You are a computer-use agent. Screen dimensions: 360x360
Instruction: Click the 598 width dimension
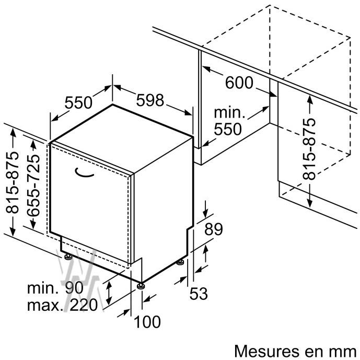click(x=150, y=100)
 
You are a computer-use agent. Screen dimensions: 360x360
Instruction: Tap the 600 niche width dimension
click(x=239, y=83)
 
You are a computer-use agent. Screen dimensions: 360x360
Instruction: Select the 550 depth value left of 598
click(x=78, y=102)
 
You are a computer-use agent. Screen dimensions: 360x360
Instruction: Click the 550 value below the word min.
click(x=228, y=129)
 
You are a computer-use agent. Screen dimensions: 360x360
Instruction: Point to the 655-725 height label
click(x=33, y=185)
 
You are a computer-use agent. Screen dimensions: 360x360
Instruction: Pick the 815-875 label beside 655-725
click(x=12, y=182)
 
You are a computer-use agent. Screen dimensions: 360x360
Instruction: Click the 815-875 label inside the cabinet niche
click(x=309, y=149)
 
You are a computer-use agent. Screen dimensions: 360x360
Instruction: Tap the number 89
click(x=214, y=229)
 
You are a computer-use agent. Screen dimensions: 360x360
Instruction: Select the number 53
click(x=199, y=294)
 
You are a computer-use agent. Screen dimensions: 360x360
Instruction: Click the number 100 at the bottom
click(x=147, y=322)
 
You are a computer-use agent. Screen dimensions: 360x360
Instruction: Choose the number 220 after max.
click(x=84, y=305)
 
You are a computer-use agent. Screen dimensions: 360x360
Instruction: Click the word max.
click(x=45, y=306)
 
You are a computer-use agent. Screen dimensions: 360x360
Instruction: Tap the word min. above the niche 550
click(x=229, y=113)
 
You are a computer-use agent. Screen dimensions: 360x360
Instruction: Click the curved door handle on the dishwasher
click(x=84, y=173)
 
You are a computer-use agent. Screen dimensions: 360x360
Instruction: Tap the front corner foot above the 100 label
click(x=141, y=286)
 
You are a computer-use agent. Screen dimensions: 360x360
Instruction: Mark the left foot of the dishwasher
click(x=68, y=256)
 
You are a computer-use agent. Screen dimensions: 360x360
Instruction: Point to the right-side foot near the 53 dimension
click(x=180, y=262)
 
